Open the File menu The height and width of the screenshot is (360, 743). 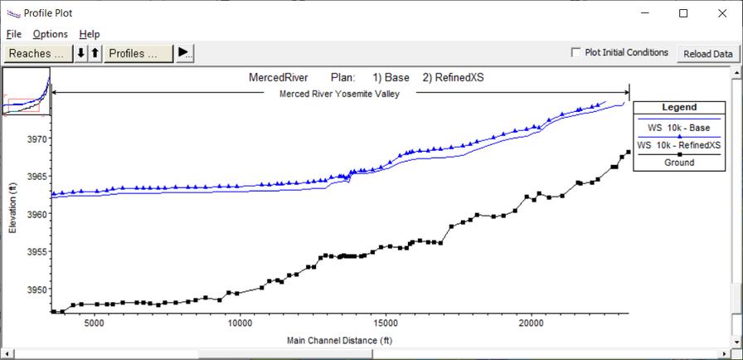point(14,34)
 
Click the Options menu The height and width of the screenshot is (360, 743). point(51,34)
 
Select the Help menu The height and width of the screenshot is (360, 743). point(90,34)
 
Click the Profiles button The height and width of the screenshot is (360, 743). point(138,54)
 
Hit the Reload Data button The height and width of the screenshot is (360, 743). point(708,54)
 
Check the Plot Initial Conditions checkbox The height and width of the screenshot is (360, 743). point(576,52)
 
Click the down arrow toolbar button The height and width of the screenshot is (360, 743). point(81,54)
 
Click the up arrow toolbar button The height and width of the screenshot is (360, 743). point(95,54)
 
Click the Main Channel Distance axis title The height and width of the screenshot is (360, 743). point(339,340)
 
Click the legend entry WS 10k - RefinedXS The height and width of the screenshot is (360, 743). point(679,145)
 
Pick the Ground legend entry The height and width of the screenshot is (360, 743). point(679,163)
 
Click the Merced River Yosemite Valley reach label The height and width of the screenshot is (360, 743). point(339,94)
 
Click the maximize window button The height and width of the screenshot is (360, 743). point(683,13)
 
